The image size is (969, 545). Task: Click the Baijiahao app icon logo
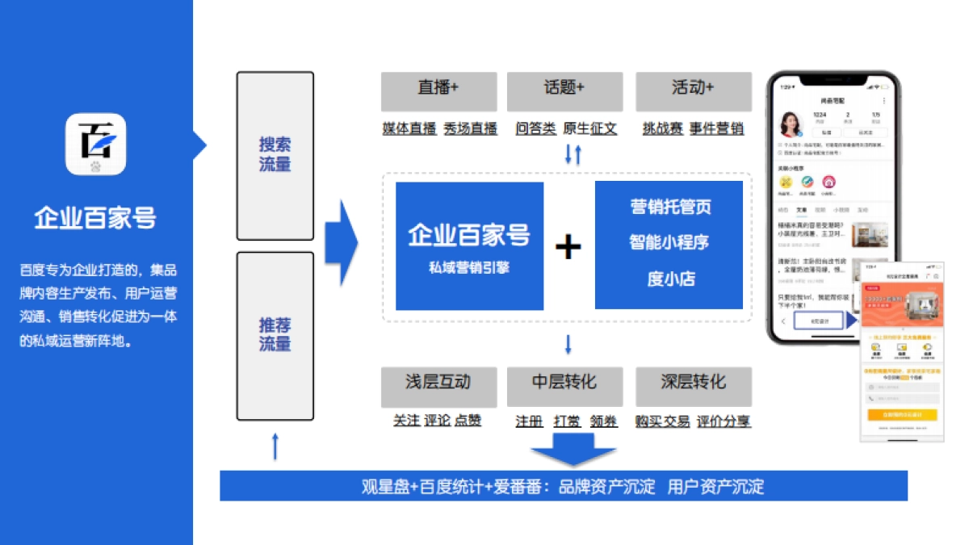point(95,144)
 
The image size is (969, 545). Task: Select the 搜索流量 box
point(275,155)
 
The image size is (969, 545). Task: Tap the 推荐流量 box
point(275,335)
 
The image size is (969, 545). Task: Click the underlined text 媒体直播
point(409,128)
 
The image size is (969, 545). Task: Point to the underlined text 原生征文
point(589,128)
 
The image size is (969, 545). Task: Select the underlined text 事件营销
point(717,128)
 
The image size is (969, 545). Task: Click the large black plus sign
point(568,246)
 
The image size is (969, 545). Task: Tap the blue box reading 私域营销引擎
point(469,245)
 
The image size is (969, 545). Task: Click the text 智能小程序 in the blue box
point(669,242)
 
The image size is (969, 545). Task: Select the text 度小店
point(670,279)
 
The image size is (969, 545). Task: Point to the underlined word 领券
point(603,421)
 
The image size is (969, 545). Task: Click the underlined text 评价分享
point(724,421)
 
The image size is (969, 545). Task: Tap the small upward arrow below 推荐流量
point(275,446)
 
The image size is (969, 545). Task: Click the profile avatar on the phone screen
point(791,124)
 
